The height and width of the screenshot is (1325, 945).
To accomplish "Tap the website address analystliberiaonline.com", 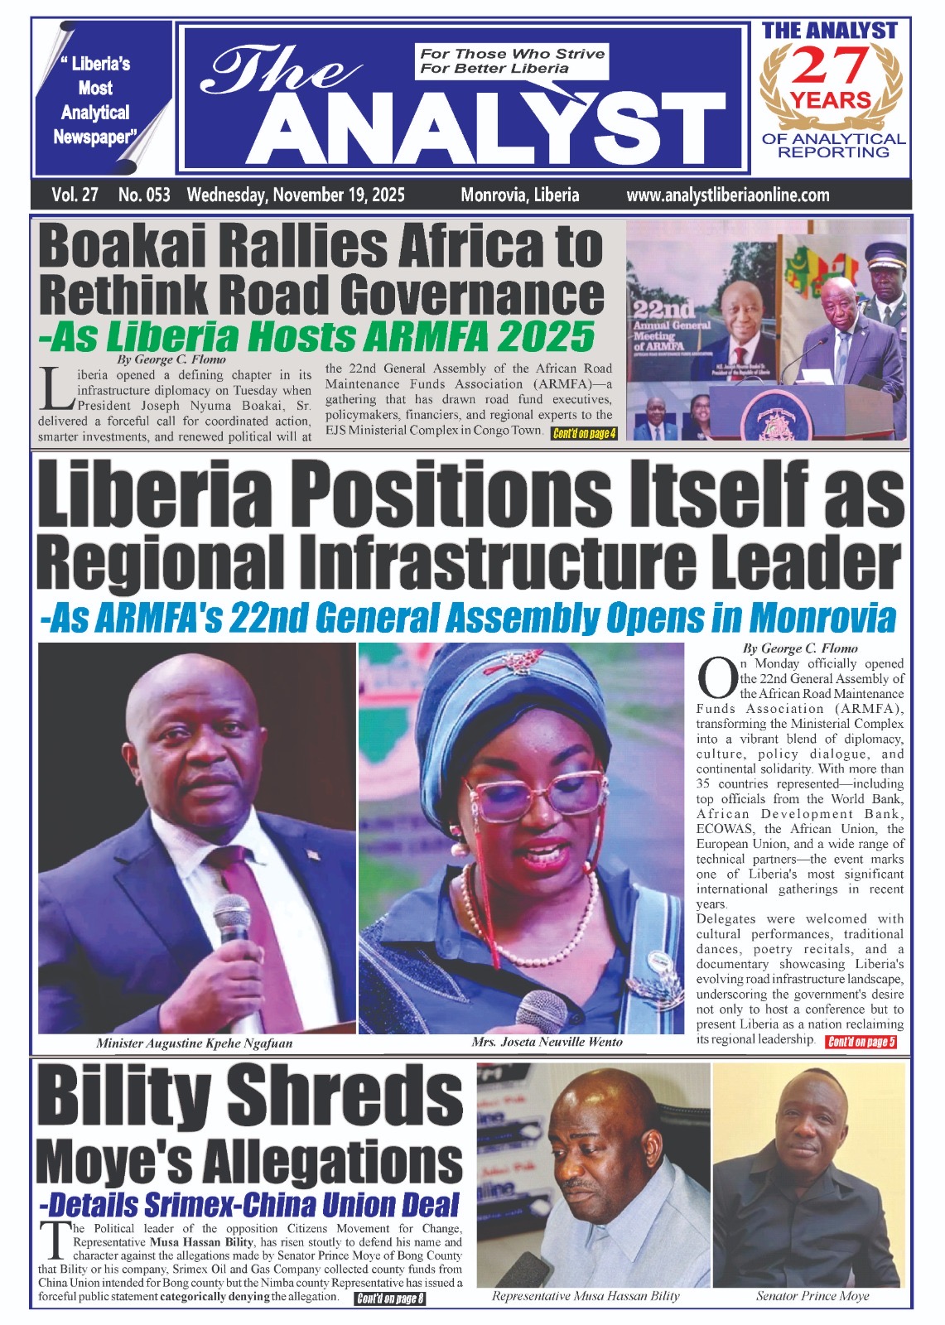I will click(727, 195).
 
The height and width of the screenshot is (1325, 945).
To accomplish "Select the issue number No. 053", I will click(144, 195).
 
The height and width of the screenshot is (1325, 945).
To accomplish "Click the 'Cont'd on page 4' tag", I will click(584, 433).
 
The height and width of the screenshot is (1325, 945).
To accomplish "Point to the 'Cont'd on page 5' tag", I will click(861, 1042).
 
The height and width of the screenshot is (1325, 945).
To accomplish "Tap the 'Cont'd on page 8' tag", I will click(389, 1298).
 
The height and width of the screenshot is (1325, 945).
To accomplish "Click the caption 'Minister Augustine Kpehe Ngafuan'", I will click(194, 1043).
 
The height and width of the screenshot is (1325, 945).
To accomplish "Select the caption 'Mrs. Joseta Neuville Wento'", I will click(547, 1042).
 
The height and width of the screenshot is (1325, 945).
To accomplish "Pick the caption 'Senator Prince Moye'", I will click(812, 1296).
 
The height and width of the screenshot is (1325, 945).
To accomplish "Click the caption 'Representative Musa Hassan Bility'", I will click(586, 1296).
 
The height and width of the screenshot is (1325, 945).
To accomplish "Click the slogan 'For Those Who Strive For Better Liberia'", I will click(512, 60).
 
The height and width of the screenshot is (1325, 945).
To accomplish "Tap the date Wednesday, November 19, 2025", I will click(296, 195).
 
